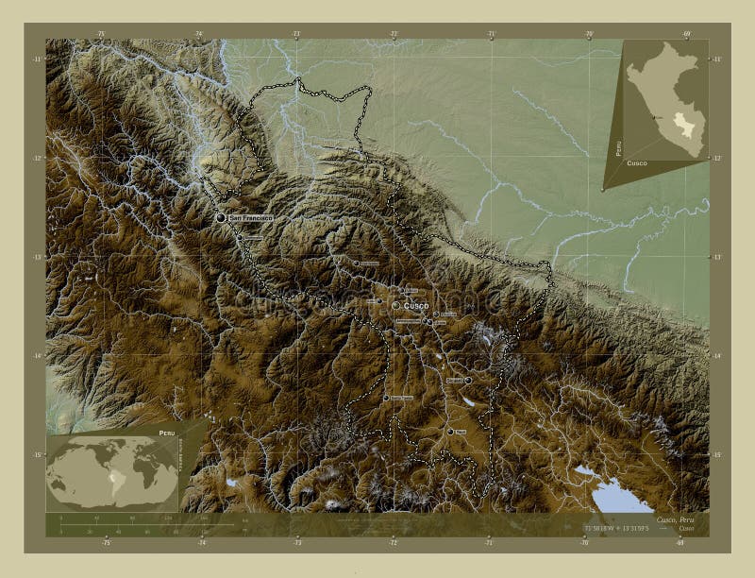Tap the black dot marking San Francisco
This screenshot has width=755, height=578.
click(x=221, y=218)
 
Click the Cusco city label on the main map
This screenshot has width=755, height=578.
click(x=416, y=306)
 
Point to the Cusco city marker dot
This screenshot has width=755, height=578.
click(x=395, y=305)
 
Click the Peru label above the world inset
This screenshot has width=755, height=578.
click(x=167, y=432)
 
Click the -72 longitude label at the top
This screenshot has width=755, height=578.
click(x=393, y=34)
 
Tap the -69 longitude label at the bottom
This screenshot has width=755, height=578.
click(x=681, y=542)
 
